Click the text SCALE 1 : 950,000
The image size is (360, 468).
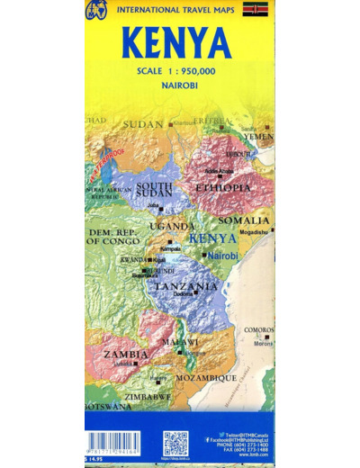(x=179, y=73)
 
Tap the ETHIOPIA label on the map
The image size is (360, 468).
(x=224, y=187)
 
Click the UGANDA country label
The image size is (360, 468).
(x=171, y=226)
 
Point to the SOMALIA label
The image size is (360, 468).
(x=244, y=220)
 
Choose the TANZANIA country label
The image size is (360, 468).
(x=186, y=286)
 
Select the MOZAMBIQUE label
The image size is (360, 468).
(x=205, y=377)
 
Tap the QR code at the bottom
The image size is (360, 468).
(x=175, y=444)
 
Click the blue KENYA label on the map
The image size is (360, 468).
(x=213, y=238)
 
